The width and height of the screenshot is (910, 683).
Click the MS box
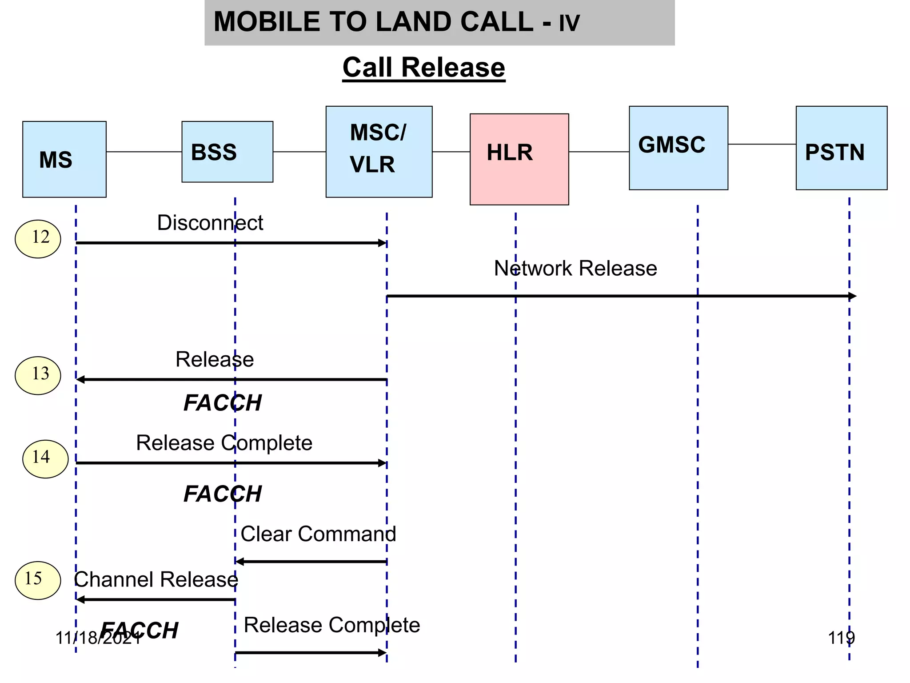(x=64, y=159)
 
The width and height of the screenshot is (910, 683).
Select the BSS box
(x=227, y=152)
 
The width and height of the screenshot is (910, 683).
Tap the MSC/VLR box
(x=379, y=151)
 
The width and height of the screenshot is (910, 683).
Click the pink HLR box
(x=519, y=159)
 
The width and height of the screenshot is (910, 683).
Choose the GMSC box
(x=678, y=148)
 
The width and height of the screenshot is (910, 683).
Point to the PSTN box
(x=841, y=148)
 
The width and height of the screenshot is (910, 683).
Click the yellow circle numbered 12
(x=38, y=239)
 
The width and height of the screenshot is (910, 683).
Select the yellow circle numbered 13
(x=38, y=375)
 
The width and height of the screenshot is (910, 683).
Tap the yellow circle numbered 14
(x=45, y=459)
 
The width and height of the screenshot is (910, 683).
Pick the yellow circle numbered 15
(x=38, y=580)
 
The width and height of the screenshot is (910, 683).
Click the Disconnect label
(x=210, y=223)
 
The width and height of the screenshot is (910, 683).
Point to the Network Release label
(x=575, y=269)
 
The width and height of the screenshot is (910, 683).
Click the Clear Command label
(x=318, y=534)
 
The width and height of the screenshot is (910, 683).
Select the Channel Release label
(x=156, y=579)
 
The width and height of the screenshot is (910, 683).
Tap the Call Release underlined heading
(x=423, y=68)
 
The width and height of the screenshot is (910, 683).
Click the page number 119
(x=841, y=638)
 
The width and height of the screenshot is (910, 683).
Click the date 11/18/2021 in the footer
(x=98, y=639)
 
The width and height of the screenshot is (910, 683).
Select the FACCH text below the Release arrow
(x=223, y=403)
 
